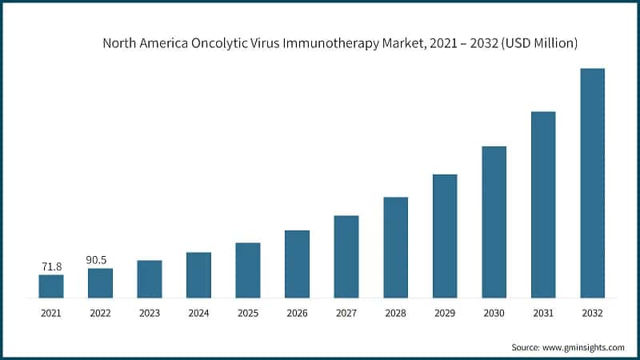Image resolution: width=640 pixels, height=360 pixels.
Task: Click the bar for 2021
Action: click(x=51, y=286)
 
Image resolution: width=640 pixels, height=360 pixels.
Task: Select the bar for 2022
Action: click(x=100, y=283)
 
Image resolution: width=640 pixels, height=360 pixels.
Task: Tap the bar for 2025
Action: click(x=248, y=270)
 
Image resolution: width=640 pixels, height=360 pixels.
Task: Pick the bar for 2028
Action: click(x=395, y=247)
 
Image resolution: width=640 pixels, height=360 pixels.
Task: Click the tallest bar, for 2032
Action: click(x=592, y=183)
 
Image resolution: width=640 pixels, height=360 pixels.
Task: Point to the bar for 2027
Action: click(x=346, y=257)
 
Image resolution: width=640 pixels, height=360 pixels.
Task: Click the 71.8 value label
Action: click(x=51, y=266)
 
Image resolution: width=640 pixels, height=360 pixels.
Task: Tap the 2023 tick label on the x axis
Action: click(x=150, y=314)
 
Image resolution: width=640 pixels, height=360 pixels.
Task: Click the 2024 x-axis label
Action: click(x=198, y=314)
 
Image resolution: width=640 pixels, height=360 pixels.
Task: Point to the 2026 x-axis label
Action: click(x=297, y=314)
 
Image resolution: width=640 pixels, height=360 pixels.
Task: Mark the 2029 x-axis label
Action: click(x=445, y=314)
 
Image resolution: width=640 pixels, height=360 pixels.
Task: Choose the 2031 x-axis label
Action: click(x=543, y=314)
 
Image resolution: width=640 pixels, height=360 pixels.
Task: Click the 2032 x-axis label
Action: click(x=592, y=314)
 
